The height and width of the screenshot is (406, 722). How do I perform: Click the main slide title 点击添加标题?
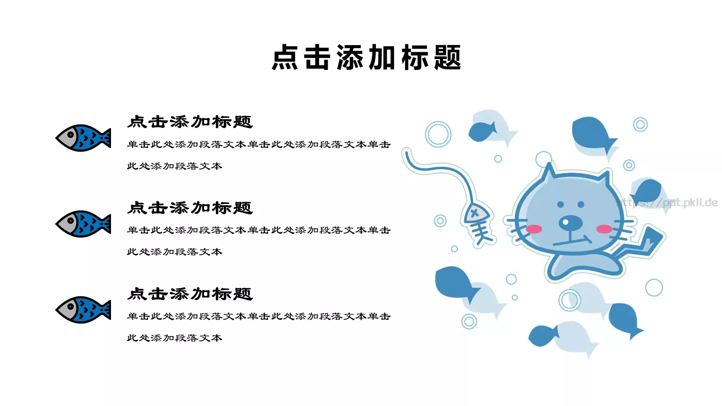click(366, 58)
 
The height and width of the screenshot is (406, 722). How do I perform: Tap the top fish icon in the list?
click(83, 138)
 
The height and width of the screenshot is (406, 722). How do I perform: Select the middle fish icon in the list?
click(83, 224)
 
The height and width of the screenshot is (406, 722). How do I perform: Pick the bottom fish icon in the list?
click(83, 310)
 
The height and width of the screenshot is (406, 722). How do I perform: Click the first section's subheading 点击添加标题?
click(190, 122)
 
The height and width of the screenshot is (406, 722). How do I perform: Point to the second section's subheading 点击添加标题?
click(190, 208)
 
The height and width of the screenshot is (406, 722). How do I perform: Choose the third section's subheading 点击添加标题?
click(190, 294)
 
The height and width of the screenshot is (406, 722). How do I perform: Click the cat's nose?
click(571, 221)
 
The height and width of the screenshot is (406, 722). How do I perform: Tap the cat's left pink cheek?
click(534, 229)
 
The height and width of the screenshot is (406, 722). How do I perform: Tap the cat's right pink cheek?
click(604, 229)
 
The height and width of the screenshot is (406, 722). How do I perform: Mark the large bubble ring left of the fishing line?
click(438, 134)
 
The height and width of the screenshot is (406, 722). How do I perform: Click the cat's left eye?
click(560, 204)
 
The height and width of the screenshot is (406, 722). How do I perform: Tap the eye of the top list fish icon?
click(70, 134)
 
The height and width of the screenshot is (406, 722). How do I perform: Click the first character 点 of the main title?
click(285, 58)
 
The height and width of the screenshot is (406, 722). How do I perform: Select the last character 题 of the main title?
click(447, 58)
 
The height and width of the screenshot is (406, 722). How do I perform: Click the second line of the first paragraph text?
click(175, 166)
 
